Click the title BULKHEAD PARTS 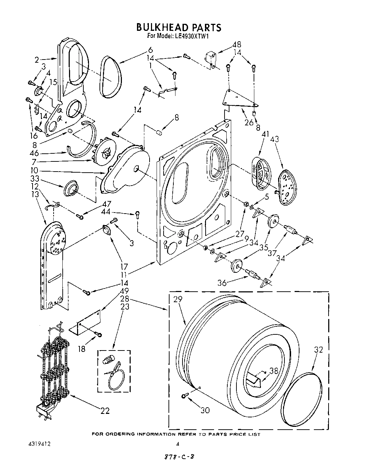pyautogui.click(x=179, y=27)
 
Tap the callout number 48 pyautogui.click(x=237, y=45)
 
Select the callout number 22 pyautogui.click(x=105, y=411)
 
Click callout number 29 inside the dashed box pyautogui.click(x=178, y=299)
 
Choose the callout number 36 pyautogui.click(x=222, y=283)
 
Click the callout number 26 pyautogui.click(x=249, y=123)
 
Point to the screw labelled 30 pyautogui.click(x=185, y=395)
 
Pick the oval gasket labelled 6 pyautogui.click(x=111, y=76)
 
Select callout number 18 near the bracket pyautogui.click(x=82, y=349)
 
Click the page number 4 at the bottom pyautogui.click(x=178, y=444)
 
